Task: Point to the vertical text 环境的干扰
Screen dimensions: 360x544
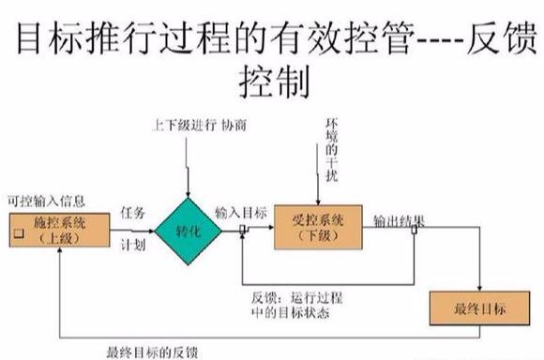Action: pyautogui.click(x=330, y=150)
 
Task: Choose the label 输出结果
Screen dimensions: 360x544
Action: pyautogui.click(x=400, y=221)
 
